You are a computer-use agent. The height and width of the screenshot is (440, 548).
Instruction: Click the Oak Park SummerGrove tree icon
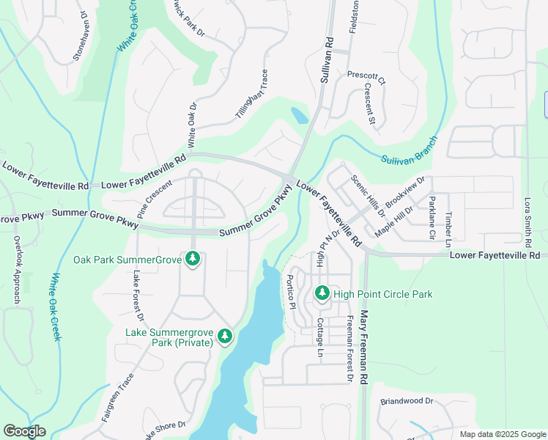pos(193,260)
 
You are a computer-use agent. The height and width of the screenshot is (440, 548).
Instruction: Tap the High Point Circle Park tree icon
pos(322,294)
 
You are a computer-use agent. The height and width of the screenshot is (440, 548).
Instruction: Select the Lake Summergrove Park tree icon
pos(224,337)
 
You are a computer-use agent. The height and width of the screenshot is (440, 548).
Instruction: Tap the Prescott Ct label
pos(366,76)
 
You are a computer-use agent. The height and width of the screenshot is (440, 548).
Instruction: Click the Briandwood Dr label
pos(407,402)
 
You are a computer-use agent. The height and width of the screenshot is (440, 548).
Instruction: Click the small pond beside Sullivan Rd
pos(299,116)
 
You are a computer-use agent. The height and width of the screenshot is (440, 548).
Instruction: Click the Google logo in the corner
pos(24,431)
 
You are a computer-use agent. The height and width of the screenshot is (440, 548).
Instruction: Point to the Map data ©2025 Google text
pos(501,434)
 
